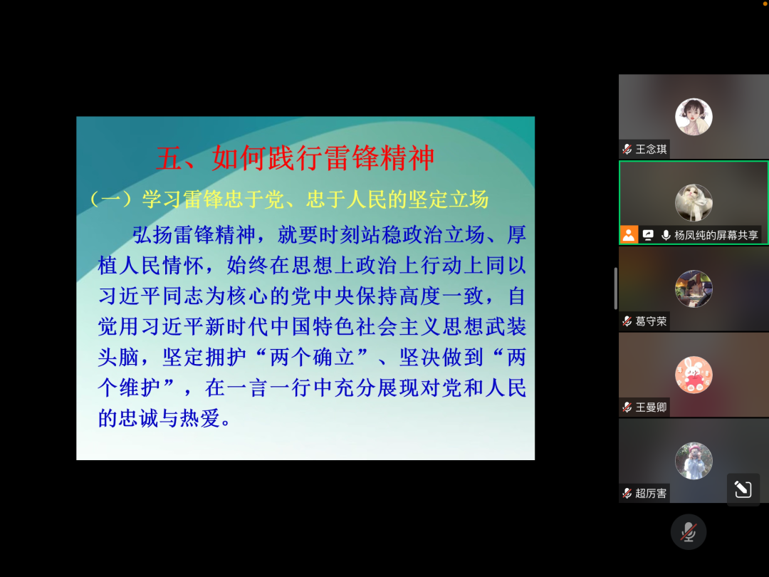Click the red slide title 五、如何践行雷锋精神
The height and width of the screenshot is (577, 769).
tap(295, 158)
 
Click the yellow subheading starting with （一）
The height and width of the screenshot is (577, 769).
tap(289, 199)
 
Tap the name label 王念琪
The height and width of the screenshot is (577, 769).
tap(651, 149)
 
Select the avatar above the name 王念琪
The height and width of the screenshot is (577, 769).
tap(694, 117)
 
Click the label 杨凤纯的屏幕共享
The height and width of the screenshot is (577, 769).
tap(716, 235)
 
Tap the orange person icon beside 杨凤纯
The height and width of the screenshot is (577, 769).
tap(628, 235)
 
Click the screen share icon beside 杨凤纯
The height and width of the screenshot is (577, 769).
tap(648, 235)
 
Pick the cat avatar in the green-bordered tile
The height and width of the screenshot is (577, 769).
tap(694, 202)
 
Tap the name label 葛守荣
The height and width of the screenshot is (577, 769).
tap(651, 321)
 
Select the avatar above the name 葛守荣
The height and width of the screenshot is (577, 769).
tap(694, 289)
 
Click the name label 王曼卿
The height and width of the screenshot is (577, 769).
tap(651, 407)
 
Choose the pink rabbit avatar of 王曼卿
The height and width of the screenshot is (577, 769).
tap(694, 375)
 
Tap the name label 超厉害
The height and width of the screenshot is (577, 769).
tap(651, 493)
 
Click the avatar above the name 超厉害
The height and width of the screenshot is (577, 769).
tap(694, 461)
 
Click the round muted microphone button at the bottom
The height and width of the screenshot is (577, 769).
tap(689, 532)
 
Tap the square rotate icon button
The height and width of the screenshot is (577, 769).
tap(743, 489)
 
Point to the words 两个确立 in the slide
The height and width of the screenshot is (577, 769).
tap(313, 357)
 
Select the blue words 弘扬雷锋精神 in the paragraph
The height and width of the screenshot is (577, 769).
tap(194, 235)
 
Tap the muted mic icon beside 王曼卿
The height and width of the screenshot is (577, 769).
tap(627, 407)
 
